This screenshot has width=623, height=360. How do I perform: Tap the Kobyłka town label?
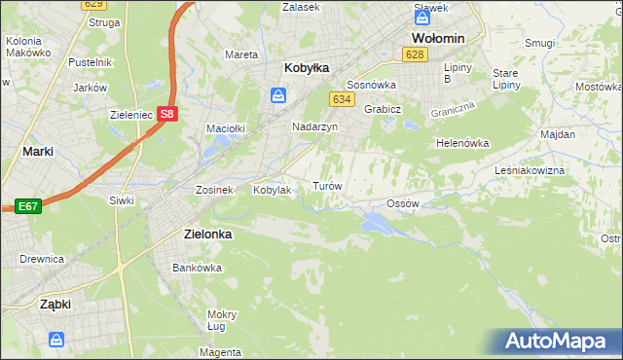pos(307,68)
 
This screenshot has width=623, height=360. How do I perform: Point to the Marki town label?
pos(37,152)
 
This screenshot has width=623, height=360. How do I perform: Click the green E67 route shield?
pos(26,206)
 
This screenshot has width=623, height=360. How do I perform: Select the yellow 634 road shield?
pos(341,99)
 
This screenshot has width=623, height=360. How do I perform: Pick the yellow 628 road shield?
pos(416,54)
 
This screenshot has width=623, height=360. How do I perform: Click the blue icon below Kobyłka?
pos(278,94)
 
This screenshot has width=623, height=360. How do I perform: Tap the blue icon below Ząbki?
pos(56,340)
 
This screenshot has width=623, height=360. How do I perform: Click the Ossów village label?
pos(402,203)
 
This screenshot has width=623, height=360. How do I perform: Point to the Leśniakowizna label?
pos(558,169)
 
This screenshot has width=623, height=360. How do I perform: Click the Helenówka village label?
pos(461,143)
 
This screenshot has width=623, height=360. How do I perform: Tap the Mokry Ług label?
pos(222,320)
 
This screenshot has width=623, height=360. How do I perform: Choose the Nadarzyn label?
pos(315,127)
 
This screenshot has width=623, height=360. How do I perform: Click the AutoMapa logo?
pos(560,342)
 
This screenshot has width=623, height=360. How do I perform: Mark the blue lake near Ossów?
pos(375,225)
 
